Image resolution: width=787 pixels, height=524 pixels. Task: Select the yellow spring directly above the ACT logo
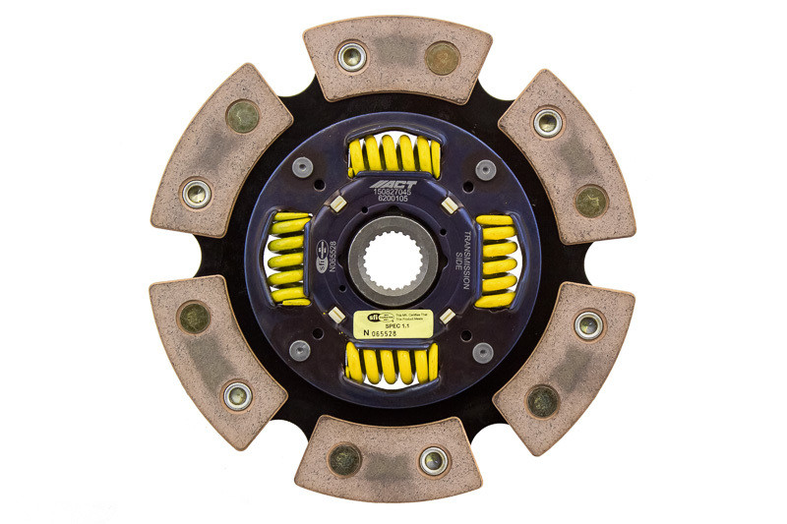point(393,155)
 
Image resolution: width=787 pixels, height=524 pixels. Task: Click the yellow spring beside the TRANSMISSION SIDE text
point(496,261)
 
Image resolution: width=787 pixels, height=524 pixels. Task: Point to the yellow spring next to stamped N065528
point(286,259)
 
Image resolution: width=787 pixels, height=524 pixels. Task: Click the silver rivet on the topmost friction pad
point(351,55)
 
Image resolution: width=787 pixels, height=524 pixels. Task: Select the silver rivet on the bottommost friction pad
point(434,459)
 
